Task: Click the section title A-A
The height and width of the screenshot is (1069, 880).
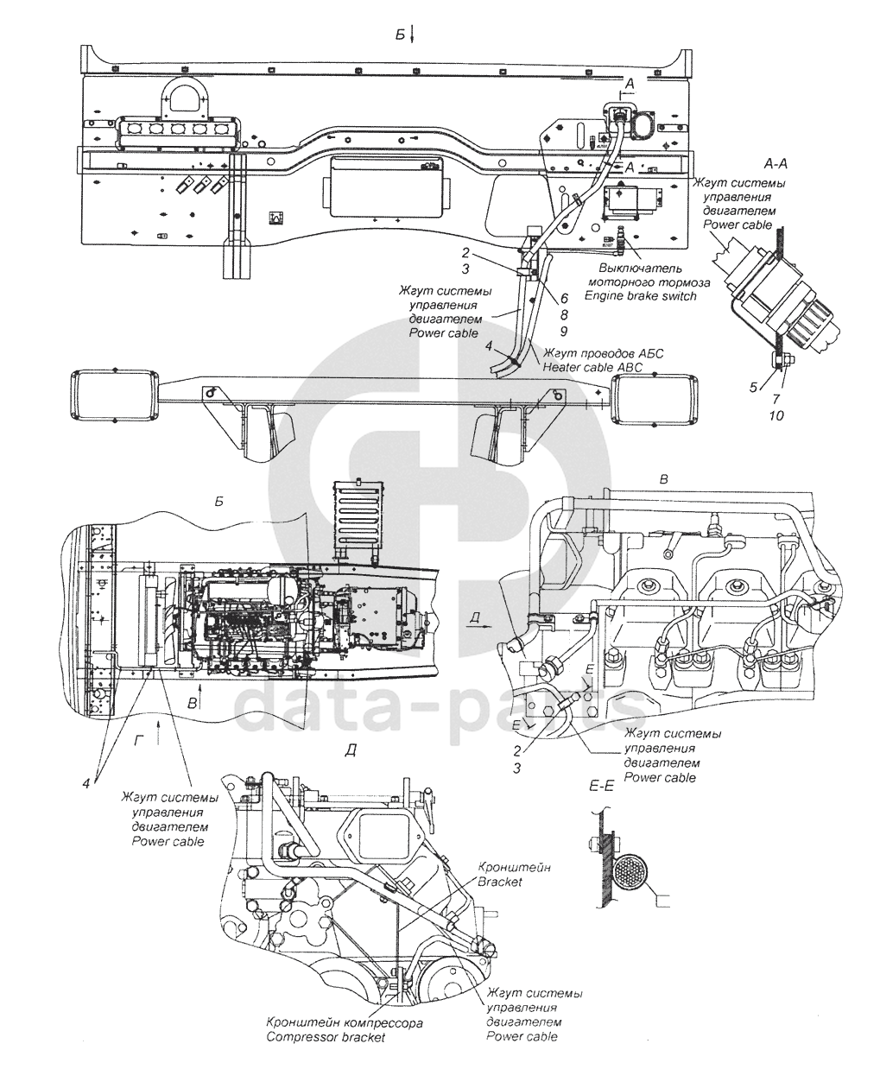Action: tap(776, 164)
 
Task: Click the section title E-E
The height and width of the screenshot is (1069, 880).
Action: tap(602, 786)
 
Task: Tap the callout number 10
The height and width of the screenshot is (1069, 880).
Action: tap(776, 415)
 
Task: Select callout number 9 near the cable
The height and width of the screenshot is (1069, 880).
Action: tap(563, 332)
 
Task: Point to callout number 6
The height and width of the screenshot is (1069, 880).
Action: tap(564, 299)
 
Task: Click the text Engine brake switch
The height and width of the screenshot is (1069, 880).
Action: tap(641, 296)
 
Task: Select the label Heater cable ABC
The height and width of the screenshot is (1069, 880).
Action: tap(592, 367)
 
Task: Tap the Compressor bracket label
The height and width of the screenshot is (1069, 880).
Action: tap(326, 1037)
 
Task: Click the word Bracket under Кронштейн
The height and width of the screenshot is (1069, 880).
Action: tap(500, 882)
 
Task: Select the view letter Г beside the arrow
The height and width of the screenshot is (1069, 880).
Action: tap(138, 741)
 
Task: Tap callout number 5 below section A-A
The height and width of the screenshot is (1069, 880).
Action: tap(753, 387)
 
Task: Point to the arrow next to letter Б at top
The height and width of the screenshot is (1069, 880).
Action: tap(413, 35)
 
